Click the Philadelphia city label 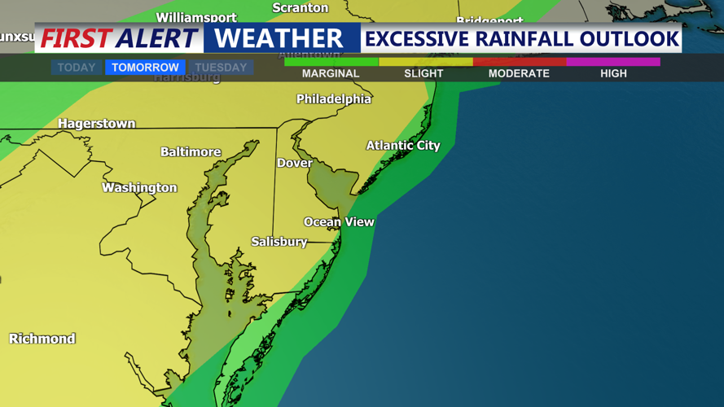pos(333,99)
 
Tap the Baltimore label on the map pos(191,152)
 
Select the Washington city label pos(139,188)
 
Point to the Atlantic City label pos(402,146)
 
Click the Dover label pos(294,163)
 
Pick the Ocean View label pos(339,221)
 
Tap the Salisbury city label pos(279,242)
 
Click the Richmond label pos(42,339)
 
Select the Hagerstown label pos(96,124)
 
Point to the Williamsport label pos(196,17)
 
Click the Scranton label pos(301,8)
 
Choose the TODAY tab pos(77,68)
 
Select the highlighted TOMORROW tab pos(145,68)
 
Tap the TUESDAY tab pos(221,68)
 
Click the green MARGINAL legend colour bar pos(331,62)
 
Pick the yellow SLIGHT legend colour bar pos(425,62)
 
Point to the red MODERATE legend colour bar pos(520,62)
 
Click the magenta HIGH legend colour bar pos(613,62)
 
